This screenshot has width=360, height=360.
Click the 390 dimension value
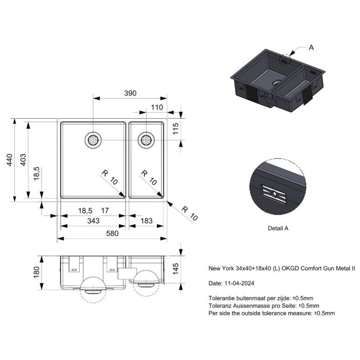130,93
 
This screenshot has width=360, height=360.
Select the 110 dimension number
157,107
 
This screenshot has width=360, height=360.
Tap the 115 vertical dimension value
175,129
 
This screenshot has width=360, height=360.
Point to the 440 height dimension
9,160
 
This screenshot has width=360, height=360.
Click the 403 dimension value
23,160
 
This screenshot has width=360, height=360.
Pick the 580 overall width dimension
112,233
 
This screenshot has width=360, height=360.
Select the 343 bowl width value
94,221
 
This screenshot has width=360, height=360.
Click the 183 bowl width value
147,221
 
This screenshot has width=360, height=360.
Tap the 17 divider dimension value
105,210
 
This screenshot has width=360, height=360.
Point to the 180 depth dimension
37,272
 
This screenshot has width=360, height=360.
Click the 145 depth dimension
175,269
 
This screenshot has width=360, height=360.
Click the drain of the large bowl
93,140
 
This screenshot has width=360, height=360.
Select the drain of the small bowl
146,140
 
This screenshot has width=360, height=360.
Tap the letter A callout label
311,47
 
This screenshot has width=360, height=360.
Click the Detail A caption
278,228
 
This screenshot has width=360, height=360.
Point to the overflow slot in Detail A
274,194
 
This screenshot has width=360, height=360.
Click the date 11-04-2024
239,283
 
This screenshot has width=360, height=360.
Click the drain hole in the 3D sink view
277,82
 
